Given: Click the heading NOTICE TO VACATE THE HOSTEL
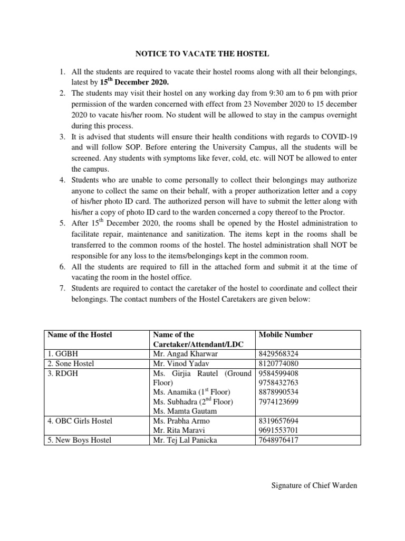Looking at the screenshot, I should pos(202,53).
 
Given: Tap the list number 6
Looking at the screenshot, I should pos(61,267).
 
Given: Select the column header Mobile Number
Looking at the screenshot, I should pos(286,334).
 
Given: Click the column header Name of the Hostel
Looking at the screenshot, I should pos(80,334).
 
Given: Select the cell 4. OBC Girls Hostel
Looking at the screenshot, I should pos(80,421).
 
